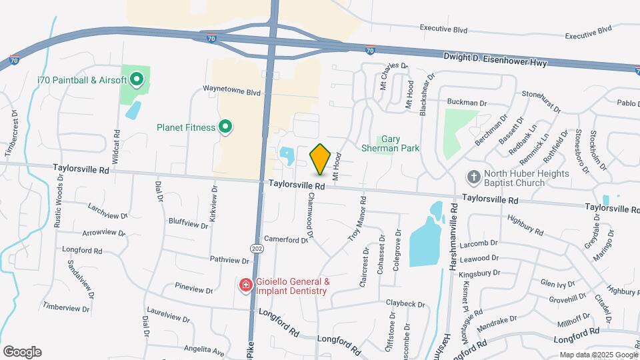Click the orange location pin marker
pos(321,159)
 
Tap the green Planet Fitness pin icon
pos(225,127)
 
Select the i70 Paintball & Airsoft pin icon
pos(137,81)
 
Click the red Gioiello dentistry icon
pos(245,285)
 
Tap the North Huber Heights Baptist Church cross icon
pos(473,177)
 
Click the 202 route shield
pos(257,249)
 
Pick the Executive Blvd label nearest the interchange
pos(443,29)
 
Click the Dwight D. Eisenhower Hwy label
pos(495,58)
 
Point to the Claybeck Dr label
pos(405,304)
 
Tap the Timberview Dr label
pos(66,308)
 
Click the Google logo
pos(22,352)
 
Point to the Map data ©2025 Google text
pos(598,355)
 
